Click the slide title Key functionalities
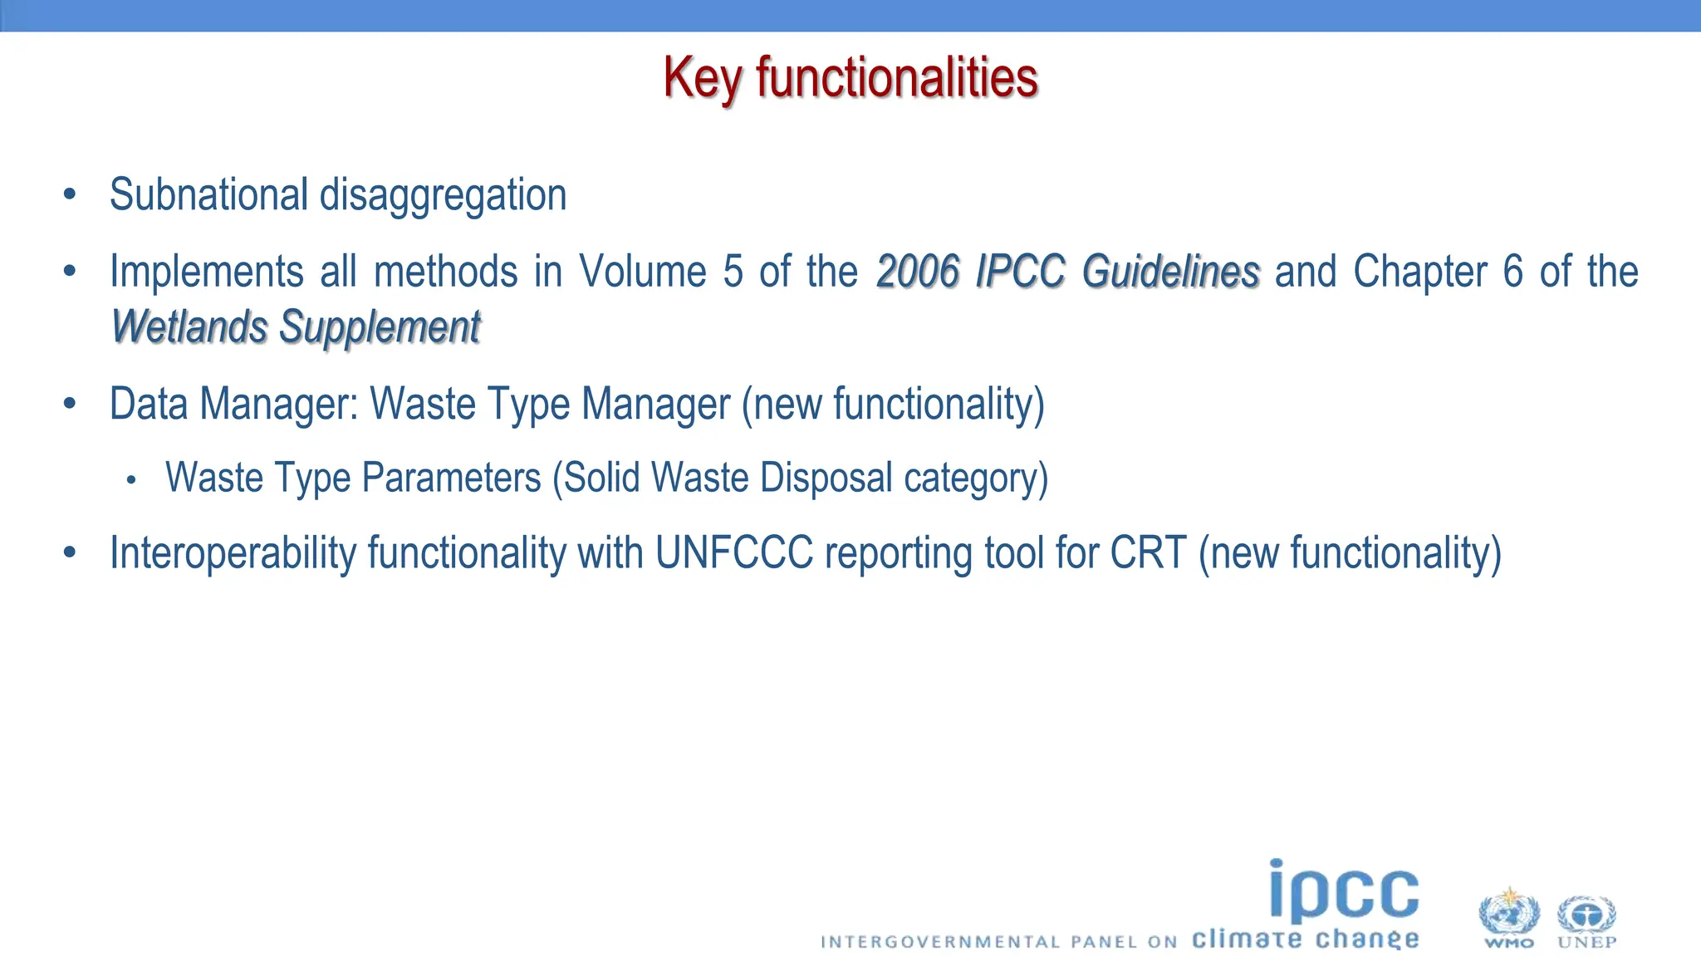tap(850, 78)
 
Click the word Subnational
tap(208, 195)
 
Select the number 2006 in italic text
tap(918, 272)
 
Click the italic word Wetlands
tap(189, 326)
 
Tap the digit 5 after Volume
tap(733, 272)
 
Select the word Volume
tap(642, 272)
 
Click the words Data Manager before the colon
tap(233, 405)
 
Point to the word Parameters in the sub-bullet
tap(451, 478)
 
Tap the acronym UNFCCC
tap(734, 553)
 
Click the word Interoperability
tap(233, 554)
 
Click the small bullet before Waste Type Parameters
tap(130, 480)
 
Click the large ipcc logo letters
tap(1344, 891)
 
